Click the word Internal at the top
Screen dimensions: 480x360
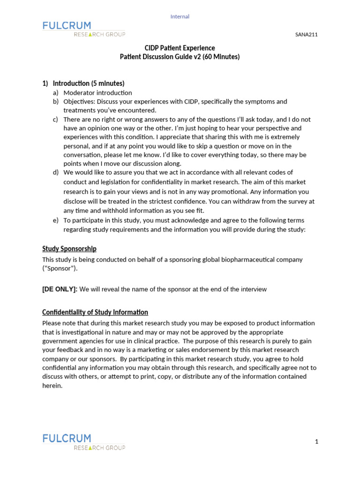[180, 16]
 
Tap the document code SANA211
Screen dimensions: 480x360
[307, 34]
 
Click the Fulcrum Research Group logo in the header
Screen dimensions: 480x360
[83, 29]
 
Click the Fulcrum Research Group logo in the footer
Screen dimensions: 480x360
[83, 442]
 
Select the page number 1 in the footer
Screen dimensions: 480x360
[316, 442]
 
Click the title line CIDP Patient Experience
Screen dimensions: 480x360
[180, 48]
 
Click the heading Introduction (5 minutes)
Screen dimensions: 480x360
[89, 83]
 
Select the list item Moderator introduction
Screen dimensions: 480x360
[97, 93]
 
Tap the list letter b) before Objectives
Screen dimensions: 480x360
[55, 102]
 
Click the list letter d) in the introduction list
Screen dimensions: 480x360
[55, 172]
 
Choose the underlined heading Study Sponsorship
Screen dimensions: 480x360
[69, 249]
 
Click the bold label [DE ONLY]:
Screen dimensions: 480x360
[60, 289]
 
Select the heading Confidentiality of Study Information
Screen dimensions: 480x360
[95, 312]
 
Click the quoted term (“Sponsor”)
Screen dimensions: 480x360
[60, 269]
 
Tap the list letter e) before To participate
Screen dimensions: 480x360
[55, 220]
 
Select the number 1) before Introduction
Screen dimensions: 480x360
[45, 83]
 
